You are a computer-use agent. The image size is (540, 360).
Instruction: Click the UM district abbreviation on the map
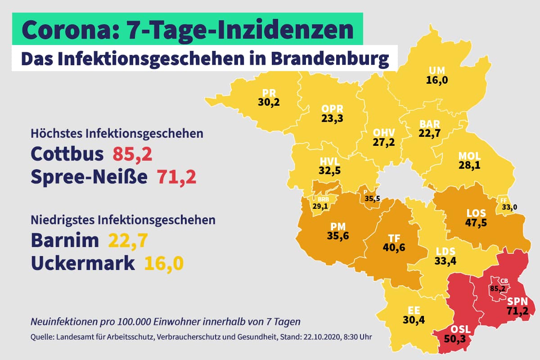click(x=437, y=71)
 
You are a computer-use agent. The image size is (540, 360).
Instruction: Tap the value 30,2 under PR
click(x=269, y=103)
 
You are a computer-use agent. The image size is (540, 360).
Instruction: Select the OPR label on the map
click(x=332, y=109)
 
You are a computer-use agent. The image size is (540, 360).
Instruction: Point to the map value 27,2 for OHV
click(x=384, y=143)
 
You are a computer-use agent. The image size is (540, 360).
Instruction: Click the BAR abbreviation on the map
click(x=430, y=124)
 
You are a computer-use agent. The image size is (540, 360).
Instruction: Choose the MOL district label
click(x=469, y=156)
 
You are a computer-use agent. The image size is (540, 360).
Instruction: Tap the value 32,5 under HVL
click(x=329, y=171)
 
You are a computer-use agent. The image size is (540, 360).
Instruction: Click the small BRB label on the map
click(x=323, y=200)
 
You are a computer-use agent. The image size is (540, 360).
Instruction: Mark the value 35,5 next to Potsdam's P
click(x=372, y=199)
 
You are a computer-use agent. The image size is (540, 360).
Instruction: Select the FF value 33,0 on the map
click(x=509, y=207)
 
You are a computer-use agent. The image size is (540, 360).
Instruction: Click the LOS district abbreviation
click(x=476, y=213)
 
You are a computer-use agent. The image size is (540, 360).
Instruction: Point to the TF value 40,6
click(x=394, y=247)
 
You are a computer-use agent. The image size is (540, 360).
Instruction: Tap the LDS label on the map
click(x=445, y=252)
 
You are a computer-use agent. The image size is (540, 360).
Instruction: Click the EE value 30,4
click(x=414, y=320)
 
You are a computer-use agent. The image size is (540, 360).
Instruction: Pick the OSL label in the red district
click(x=460, y=329)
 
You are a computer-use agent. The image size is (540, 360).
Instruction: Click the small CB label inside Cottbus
click(x=504, y=281)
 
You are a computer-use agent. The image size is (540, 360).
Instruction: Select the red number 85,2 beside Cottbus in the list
click(x=132, y=154)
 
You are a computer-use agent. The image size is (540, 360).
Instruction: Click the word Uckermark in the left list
click(x=83, y=263)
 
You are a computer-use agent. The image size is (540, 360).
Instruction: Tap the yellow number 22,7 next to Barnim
click(x=128, y=241)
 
